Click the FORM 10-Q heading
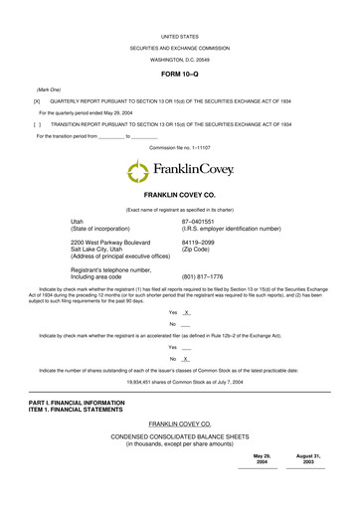180,76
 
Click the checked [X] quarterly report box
37,101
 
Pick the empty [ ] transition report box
37,124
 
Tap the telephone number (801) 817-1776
202,275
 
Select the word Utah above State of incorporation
80,221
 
